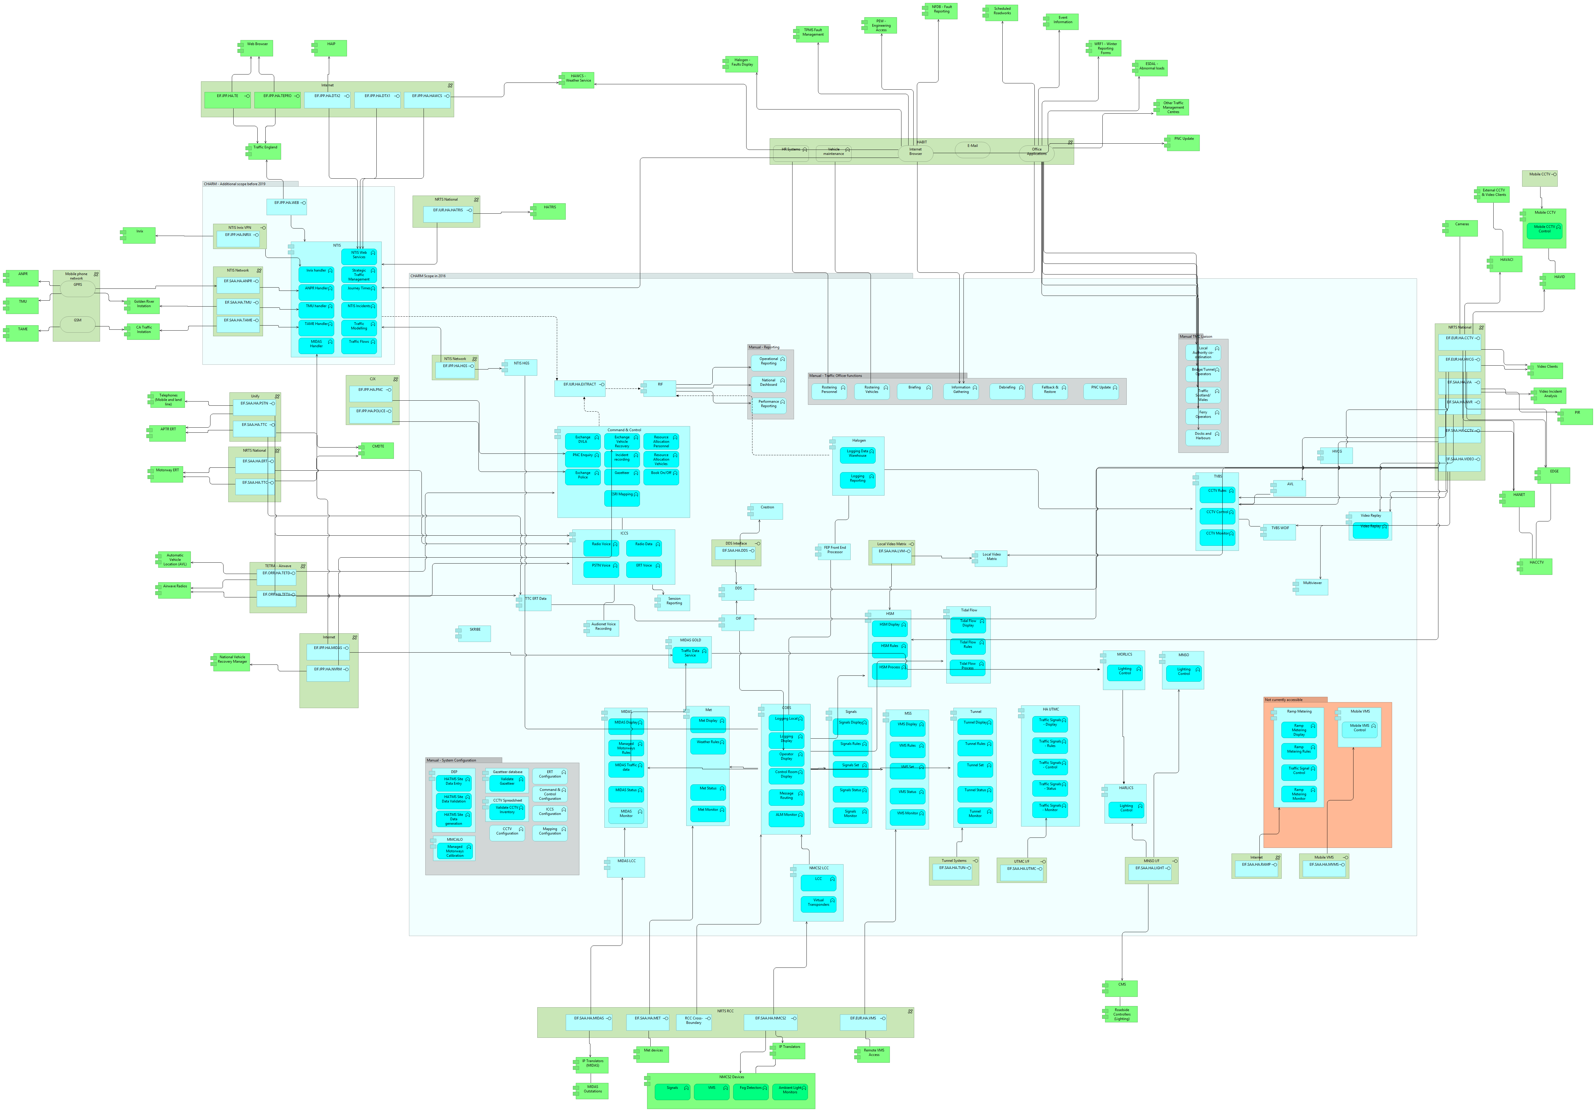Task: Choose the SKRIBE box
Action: pyautogui.click(x=475, y=633)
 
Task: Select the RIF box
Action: pyautogui.click(x=660, y=388)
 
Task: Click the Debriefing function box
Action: pyautogui.click(x=1007, y=391)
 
